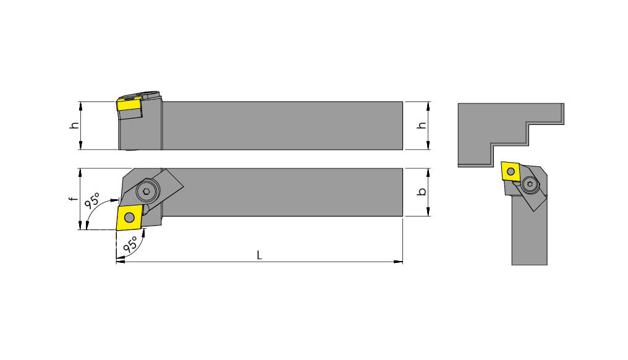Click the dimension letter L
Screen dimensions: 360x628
pyautogui.click(x=259, y=255)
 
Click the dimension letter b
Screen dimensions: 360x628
pyautogui.click(x=422, y=192)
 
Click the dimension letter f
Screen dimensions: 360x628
pyautogui.click(x=72, y=199)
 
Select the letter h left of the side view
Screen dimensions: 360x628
pyautogui.click(x=74, y=125)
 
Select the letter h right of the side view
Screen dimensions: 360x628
pyautogui.click(x=422, y=125)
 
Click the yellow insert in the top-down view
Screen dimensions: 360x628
pyautogui.click(x=129, y=216)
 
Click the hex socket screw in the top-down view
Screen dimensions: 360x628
pyautogui.click(x=146, y=192)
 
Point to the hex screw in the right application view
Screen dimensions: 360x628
pyautogui.click(x=530, y=184)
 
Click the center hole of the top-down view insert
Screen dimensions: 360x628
pyautogui.click(x=129, y=216)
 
